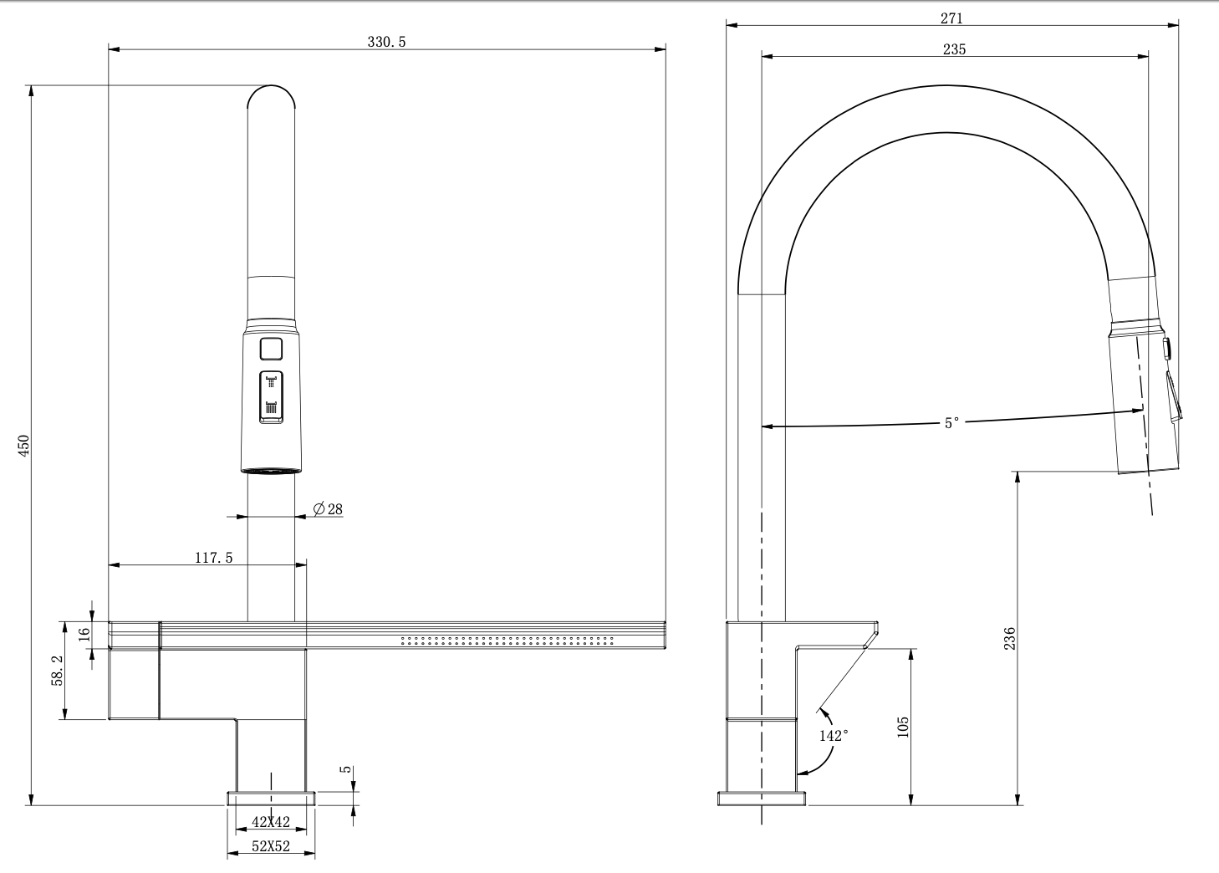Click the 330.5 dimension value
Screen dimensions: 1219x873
click(386, 42)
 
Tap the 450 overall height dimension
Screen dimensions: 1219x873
click(24, 445)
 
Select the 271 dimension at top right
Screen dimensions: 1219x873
click(951, 18)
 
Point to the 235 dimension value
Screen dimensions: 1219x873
click(954, 49)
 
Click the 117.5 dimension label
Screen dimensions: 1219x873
click(214, 558)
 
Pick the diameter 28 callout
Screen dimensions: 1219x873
click(328, 509)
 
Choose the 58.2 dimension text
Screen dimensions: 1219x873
click(58, 670)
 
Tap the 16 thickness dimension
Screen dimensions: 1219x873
click(85, 634)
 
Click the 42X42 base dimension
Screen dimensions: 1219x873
click(270, 822)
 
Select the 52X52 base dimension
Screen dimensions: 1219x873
click(270, 846)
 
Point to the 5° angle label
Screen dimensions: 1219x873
click(951, 423)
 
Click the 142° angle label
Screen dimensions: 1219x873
click(834, 736)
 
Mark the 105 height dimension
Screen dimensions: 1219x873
click(903, 727)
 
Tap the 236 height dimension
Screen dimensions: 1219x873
click(1009, 638)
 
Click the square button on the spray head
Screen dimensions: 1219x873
click(271, 349)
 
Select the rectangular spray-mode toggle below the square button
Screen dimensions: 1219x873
click(271, 397)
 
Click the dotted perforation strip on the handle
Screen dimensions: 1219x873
click(507, 641)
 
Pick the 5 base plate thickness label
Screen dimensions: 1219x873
click(345, 769)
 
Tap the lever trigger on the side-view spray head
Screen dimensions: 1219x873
click(1173, 396)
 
